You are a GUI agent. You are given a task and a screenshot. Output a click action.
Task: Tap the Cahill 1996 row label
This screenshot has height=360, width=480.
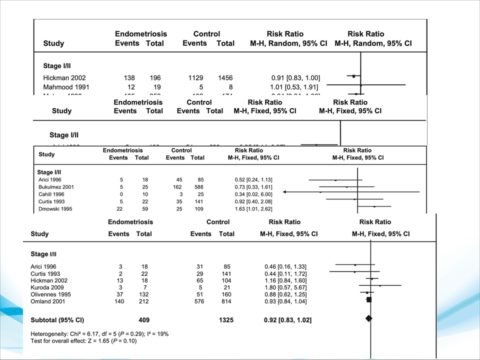pyautogui.click(x=49, y=193)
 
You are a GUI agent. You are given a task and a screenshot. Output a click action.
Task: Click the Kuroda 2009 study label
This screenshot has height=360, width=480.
pyautogui.click(x=46, y=287)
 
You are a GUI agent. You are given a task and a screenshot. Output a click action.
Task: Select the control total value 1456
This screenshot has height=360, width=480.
pyautogui.click(x=225, y=77)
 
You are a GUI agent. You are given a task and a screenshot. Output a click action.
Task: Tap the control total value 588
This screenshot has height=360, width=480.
pyautogui.click(x=197, y=185)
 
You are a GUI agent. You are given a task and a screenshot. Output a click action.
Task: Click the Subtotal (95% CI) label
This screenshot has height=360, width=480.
pyautogui.click(x=57, y=319)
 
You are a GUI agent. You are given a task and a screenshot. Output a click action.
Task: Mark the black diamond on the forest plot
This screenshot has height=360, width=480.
pyautogui.click(x=369, y=318)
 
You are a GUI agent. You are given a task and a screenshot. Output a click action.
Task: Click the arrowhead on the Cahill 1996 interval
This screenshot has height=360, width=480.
pyautogui.click(x=285, y=192)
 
